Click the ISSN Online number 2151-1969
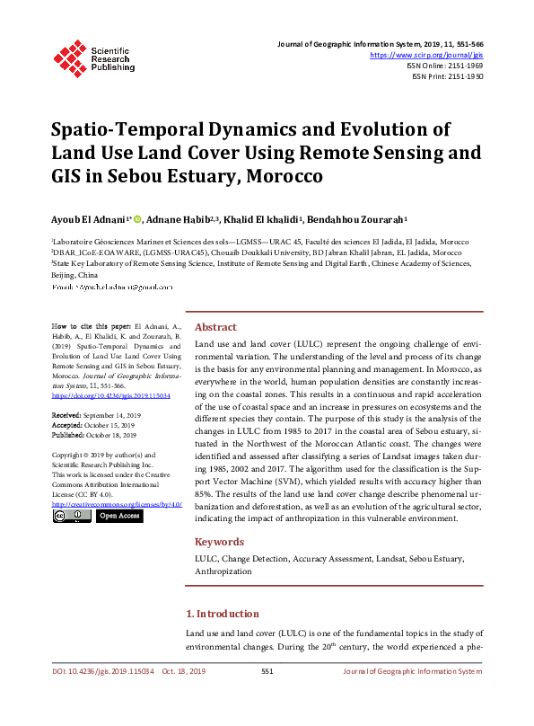click(x=462, y=66)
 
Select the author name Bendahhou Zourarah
click(x=356, y=219)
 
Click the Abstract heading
click(x=215, y=327)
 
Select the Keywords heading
click(x=219, y=542)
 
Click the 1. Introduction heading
click(x=222, y=614)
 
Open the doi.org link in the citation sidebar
click(x=111, y=394)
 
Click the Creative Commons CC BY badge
click(x=72, y=516)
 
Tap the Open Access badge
click(x=118, y=516)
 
